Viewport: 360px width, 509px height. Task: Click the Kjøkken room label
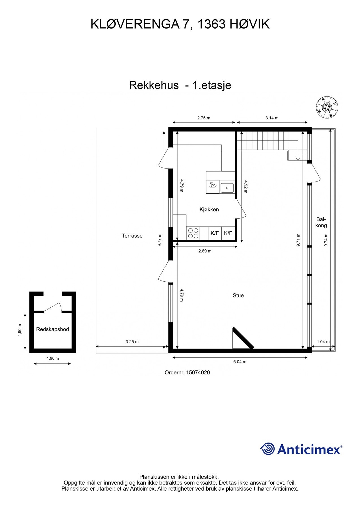point(209,210)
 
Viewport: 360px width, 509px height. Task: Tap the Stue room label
point(238,296)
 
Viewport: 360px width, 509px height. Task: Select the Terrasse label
point(132,236)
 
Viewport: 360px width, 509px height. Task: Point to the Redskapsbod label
point(53,329)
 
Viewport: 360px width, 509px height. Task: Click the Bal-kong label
point(321,222)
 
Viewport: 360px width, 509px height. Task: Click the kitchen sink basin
point(227,188)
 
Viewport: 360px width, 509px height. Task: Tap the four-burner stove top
point(193,233)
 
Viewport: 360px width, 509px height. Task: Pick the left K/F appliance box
point(215,233)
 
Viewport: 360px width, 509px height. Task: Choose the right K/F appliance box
point(228,233)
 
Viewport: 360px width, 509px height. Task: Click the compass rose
point(327,107)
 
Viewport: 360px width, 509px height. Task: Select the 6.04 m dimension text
point(240,362)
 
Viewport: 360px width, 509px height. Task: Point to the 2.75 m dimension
point(204,118)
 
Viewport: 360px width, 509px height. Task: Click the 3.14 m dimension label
point(272,118)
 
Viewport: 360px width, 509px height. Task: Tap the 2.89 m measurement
point(205,251)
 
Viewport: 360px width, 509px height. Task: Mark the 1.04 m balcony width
point(323,342)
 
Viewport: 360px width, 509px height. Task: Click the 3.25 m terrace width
point(132,342)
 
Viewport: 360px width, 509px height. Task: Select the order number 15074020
point(187,372)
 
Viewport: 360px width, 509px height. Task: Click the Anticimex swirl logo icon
point(267,449)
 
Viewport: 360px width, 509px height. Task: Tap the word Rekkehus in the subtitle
point(154,85)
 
